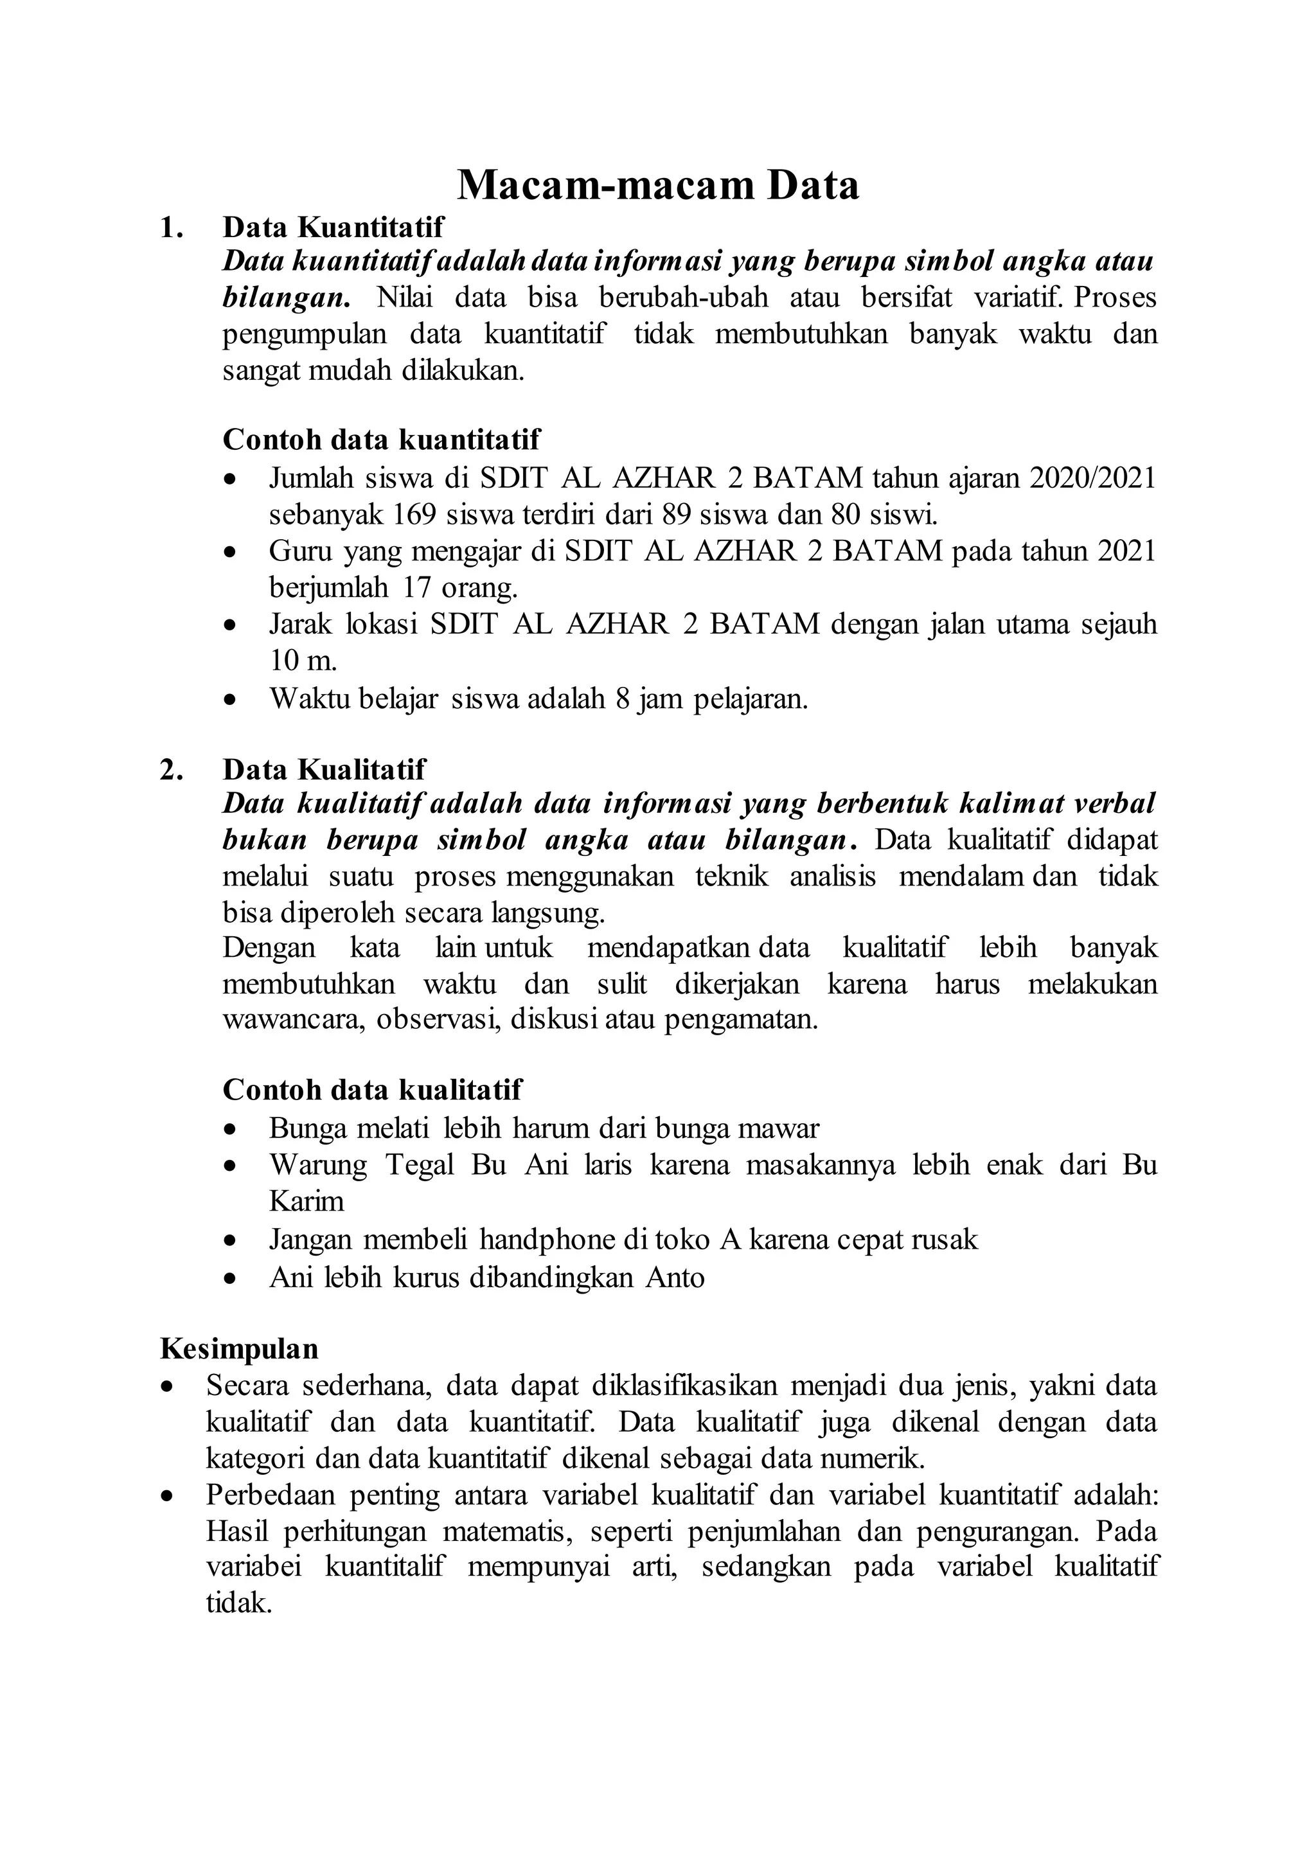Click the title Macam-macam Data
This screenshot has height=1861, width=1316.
(x=657, y=186)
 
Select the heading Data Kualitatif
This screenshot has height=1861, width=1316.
(x=324, y=769)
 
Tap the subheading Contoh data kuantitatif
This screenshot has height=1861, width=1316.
(x=381, y=440)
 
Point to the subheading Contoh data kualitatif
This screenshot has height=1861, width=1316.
(x=372, y=1089)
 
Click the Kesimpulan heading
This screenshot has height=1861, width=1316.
(x=239, y=1349)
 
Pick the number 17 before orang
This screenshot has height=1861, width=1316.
(x=419, y=587)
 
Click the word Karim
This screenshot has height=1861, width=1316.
(x=307, y=1200)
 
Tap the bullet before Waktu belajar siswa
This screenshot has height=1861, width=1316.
(x=231, y=699)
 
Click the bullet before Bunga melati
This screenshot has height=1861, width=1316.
(x=231, y=1128)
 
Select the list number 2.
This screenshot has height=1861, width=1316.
(x=168, y=769)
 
